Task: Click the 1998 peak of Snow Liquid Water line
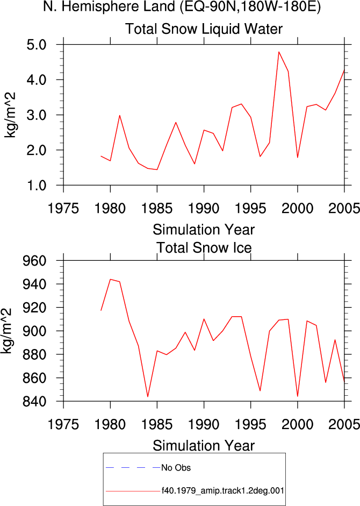pyautogui.click(x=279, y=52)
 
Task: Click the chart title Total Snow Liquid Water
pyautogui.click(x=204, y=29)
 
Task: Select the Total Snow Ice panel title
pyautogui.click(x=204, y=248)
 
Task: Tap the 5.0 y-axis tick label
pyautogui.click(x=37, y=45)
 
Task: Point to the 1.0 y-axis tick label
pyautogui.click(x=37, y=186)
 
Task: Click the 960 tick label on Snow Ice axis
pyautogui.click(x=34, y=261)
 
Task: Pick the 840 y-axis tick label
pyautogui.click(x=34, y=402)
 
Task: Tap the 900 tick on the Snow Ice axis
pyautogui.click(x=34, y=331)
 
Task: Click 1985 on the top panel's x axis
pyautogui.click(x=157, y=209)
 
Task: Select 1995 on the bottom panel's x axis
pyautogui.click(x=250, y=424)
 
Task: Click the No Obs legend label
pyautogui.click(x=176, y=468)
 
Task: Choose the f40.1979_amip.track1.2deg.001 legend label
pyautogui.click(x=223, y=491)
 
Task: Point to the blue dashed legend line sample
pyautogui.click(x=133, y=468)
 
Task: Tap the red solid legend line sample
pyautogui.click(x=133, y=491)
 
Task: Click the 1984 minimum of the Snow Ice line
pyautogui.click(x=148, y=397)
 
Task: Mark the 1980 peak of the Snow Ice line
pyautogui.click(x=110, y=279)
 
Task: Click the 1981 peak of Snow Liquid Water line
pyautogui.click(x=120, y=115)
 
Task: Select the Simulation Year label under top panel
pyautogui.click(x=204, y=230)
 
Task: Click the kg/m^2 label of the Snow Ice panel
pyautogui.click(x=7, y=331)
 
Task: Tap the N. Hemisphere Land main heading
pyautogui.click(x=182, y=6)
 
